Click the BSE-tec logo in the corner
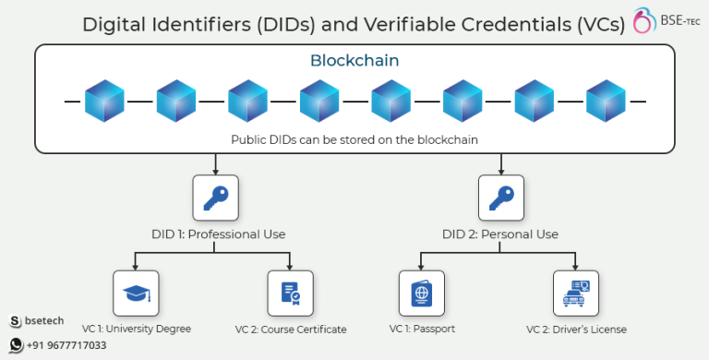tap(667, 21)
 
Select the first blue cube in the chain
tap(104, 101)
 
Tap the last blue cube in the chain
tap(606, 101)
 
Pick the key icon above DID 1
tap(215, 198)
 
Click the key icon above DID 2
tap(501, 198)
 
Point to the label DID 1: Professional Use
tap(218, 234)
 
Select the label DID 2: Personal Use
tap(501, 234)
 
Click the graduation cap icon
tap(135, 294)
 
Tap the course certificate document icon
tap(290, 294)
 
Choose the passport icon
tap(420, 294)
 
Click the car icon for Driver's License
tap(575, 294)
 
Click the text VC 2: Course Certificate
tap(291, 330)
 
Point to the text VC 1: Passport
tap(422, 329)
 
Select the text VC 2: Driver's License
tap(576, 330)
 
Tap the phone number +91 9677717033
tap(66, 345)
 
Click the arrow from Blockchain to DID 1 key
tap(215, 163)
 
